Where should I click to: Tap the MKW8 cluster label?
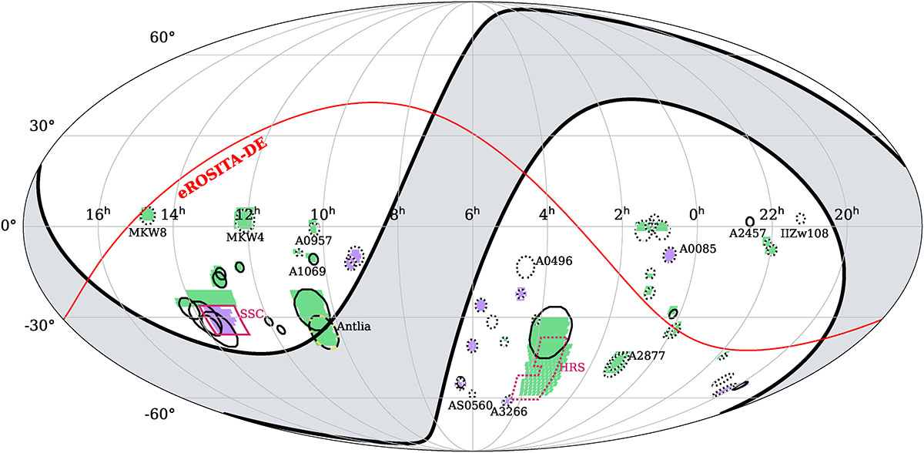[x=148, y=233]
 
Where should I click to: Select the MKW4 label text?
[x=245, y=237]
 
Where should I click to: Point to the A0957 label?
[x=313, y=240]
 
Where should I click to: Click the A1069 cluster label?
[x=307, y=271]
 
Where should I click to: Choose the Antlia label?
[x=354, y=327]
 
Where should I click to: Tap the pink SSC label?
[x=252, y=314]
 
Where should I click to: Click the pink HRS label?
[x=572, y=367]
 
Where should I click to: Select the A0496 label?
[x=554, y=261]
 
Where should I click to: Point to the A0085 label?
[x=698, y=249]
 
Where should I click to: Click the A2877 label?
[x=647, y=356]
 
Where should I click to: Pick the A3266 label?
[x=509, y=411]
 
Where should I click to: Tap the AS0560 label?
[x=470, y=405]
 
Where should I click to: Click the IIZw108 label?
[x=805, y=234]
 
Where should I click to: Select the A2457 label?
[x=748, y=233]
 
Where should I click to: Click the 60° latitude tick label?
[x=162, y=38]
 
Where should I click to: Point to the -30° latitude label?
[x=39, y=326]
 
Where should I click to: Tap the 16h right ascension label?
[x=99, y=214]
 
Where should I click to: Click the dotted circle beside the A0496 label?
[x=525, y=267]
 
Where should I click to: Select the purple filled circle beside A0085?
[x=669, y=255]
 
